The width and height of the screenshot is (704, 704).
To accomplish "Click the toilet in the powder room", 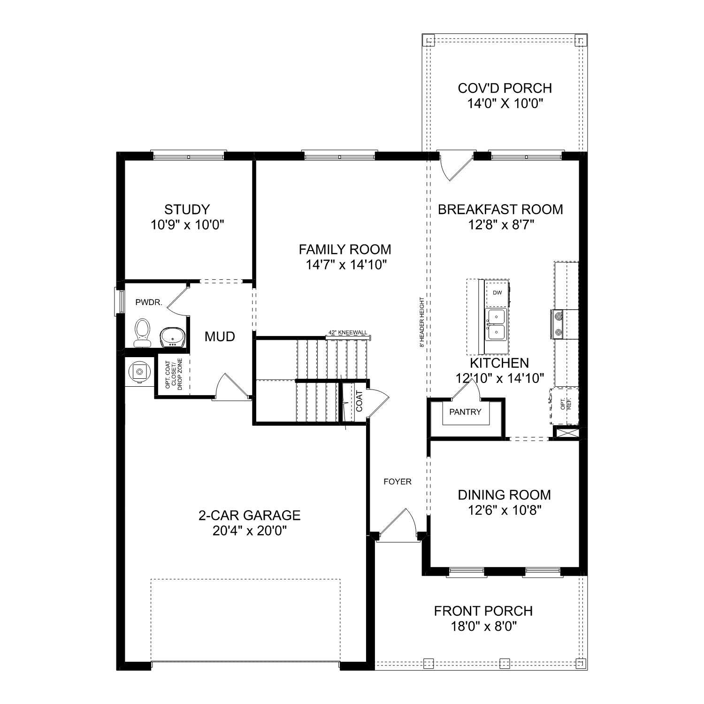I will tap(142, 332).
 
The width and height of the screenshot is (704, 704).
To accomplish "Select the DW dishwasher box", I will tap(497, 293).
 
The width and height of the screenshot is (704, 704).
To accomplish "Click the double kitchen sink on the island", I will tap(496, 324).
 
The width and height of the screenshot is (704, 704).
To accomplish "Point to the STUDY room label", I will tap(187, 209).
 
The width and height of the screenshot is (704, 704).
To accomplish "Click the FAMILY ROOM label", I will tap(345, 249).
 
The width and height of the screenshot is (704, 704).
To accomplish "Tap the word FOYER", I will tap(397, 482).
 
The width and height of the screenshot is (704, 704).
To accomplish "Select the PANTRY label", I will tap(465, 412).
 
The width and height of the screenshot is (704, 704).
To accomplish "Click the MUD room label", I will tap(220, 337).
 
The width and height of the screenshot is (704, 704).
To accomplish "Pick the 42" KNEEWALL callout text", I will tap(348, 333).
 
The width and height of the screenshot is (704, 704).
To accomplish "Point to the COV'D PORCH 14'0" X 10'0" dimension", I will tap(505, 104).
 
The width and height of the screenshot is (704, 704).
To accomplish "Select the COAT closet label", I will tap(360, 401).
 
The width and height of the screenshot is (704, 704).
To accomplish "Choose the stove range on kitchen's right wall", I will tap(559, 324).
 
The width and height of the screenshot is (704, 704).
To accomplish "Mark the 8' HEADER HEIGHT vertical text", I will tap(422, 322).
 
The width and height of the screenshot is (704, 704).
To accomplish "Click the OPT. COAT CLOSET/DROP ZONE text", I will tap(173, 375).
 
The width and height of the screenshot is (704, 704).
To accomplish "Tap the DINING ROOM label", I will tap(505, 495).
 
